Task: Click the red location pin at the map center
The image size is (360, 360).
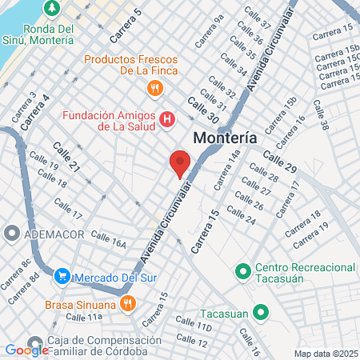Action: point(180,162)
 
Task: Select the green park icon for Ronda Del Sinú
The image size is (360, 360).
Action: point(52,8)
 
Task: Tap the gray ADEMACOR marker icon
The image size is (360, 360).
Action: point(11,233)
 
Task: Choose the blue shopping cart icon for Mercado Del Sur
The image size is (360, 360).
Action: point(62,277)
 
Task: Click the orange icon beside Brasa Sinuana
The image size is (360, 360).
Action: point(127,302)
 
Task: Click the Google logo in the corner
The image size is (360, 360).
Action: point(26,350)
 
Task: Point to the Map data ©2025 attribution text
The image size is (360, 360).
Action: point(326,353)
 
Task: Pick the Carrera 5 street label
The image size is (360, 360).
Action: point(126,25)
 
